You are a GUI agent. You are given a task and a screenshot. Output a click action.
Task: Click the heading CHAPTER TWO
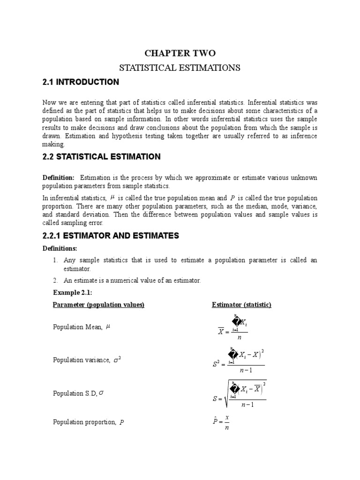coord(180,53)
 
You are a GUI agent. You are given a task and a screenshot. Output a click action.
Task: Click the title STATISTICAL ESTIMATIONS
coord(180,68)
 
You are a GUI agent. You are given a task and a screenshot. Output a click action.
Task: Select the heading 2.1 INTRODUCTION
coord(81,82)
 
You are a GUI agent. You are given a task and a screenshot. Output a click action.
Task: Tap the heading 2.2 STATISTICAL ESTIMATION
coord(101,157)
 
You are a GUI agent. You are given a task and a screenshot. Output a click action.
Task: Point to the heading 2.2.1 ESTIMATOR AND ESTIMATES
coord(111,236)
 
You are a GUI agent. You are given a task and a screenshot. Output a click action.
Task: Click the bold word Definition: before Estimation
coord(59,178)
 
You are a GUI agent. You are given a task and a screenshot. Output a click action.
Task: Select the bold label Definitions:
coord(60,248)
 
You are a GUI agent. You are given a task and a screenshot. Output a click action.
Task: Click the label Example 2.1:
coord(73,292)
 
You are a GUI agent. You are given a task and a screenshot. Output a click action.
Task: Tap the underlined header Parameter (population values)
coord(98,305)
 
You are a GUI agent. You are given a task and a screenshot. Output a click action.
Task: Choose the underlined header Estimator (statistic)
coord(241,305)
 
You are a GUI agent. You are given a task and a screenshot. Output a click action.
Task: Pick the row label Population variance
coord(82,360)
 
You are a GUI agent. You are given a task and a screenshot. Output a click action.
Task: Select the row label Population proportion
coord(84,422)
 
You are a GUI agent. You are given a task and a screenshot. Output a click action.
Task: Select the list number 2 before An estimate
coord(55,280)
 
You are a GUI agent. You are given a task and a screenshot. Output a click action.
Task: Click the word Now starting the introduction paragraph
coord(50,102)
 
